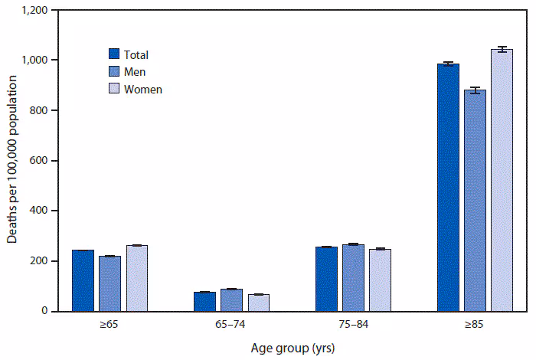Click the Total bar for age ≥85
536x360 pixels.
(447, 188)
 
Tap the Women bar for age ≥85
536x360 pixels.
(502, 180)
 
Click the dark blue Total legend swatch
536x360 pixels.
(113, 54)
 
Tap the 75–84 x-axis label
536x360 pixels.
(353, 324)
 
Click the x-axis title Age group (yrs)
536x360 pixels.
(293, 347)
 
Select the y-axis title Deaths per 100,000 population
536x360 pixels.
(13, 161)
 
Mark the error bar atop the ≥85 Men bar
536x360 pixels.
(475, 90)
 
